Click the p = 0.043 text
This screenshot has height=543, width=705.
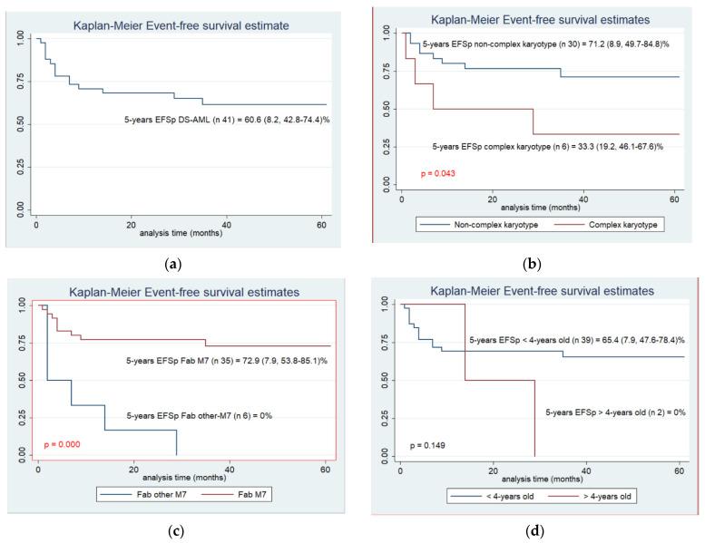coord(436,172)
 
